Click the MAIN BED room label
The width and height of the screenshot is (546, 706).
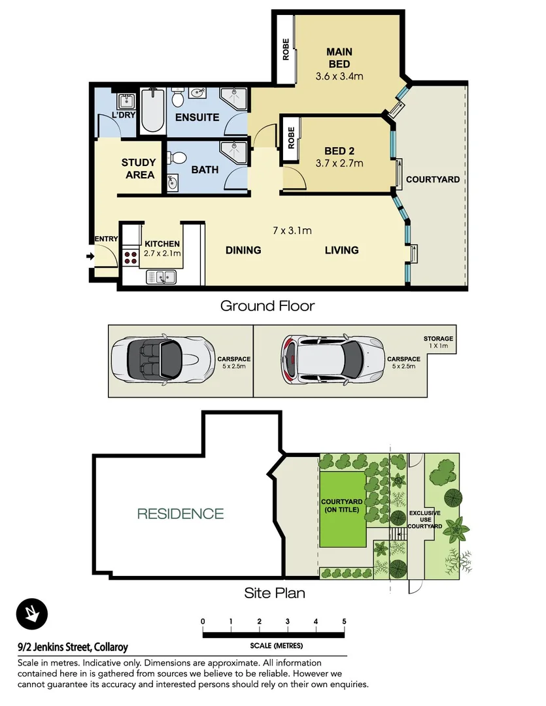[x=339, y=58]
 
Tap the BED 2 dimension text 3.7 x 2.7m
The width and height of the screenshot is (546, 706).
[x=339, y=164]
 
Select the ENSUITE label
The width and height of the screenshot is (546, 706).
[x=197, y=118]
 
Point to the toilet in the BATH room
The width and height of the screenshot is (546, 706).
[x=176, y=158]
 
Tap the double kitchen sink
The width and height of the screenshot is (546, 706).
[x=160, y=277]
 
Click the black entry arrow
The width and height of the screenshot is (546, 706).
[x=90, y=256]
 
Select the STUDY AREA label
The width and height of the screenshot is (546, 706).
[x=139, y=169]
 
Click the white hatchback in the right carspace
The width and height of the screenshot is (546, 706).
[x=331, y=360]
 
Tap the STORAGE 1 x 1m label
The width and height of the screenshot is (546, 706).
[x=437, y=342]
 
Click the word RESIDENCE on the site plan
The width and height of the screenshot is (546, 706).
[x=180, y=514]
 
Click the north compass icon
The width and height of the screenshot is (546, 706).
[x=31, y=614]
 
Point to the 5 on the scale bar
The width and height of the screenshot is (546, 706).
[x=344, y=622]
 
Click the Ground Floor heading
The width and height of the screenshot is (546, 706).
[x=267, y=305]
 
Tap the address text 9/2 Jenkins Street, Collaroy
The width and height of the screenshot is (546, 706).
[x=72, y=647]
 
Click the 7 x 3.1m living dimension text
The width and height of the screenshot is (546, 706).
[x=292, y=230]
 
